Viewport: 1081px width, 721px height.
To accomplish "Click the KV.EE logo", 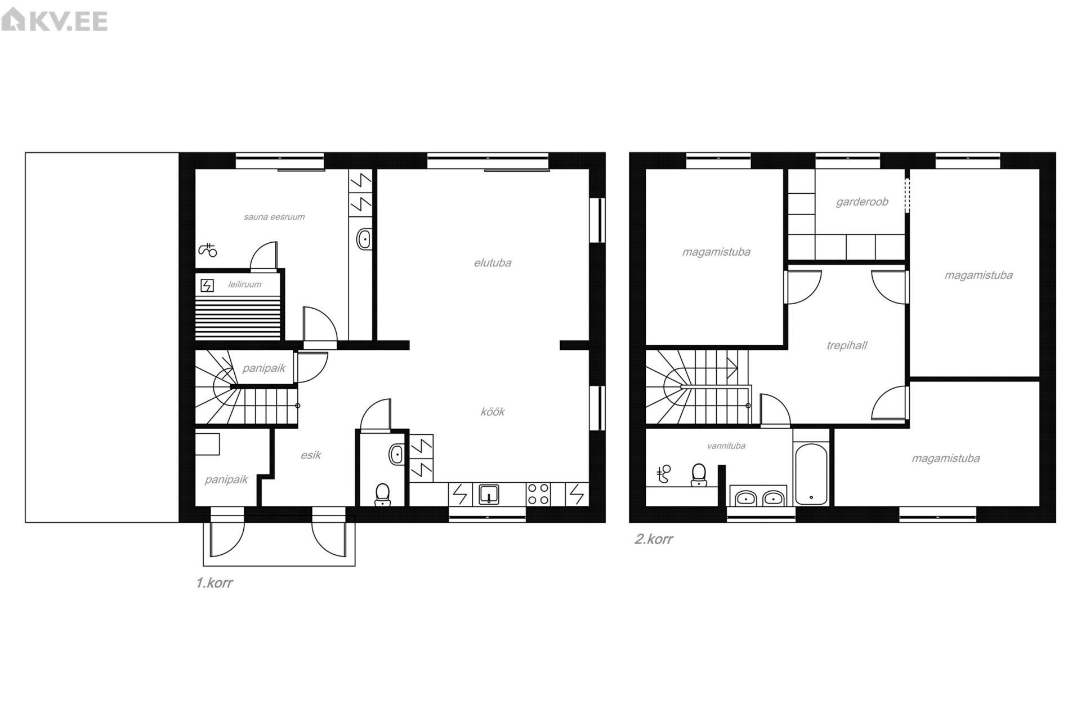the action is tap(55, 21).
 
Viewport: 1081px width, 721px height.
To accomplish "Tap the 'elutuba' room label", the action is tap(493, 263).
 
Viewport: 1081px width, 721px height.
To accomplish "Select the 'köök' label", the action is tap(493, 412).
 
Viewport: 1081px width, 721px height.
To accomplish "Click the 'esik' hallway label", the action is tap(311, 455).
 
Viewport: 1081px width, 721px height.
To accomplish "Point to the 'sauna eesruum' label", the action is tap(274, 217).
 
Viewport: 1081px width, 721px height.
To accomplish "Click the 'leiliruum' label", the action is tap(245, 284).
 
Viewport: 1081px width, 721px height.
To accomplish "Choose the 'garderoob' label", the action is tap(862, 202).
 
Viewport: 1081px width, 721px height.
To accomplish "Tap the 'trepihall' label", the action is tap(847, 345).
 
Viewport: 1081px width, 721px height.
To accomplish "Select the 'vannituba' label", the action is tap(726, 446).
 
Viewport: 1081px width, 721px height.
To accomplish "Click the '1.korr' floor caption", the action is tap(214, 583).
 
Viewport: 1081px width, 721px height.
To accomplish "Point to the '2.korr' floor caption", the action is tap(654, 539).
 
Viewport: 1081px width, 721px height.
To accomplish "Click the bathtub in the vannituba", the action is tap(811, 475).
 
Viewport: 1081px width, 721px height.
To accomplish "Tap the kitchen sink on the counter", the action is tap(489, 494).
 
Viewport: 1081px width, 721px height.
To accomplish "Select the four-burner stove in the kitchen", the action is tap(538, 494).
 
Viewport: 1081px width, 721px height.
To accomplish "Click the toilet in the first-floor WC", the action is tap(383, 494).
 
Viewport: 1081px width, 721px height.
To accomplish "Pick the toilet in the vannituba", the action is tap(699, 474).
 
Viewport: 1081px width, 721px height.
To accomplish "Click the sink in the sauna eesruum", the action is tap(364, 239).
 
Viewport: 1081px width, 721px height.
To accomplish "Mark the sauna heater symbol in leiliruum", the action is tap(207, 286).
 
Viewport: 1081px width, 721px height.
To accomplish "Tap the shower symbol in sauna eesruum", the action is tap(208, 250).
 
